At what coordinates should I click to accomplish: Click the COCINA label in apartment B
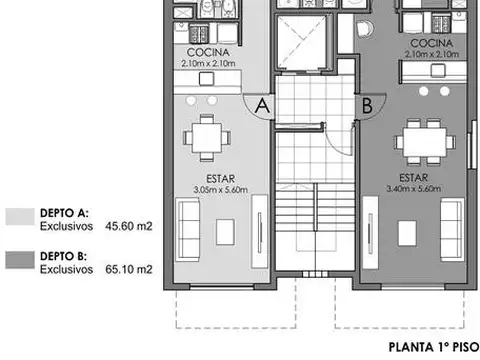click(x=427, y=45)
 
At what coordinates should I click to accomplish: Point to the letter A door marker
click(x=261, y=104)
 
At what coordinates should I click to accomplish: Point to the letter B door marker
click(x=366, y=103)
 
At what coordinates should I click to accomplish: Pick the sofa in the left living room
click(x=188, y=225)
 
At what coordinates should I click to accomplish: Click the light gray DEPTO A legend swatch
click(x=19, y=217)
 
